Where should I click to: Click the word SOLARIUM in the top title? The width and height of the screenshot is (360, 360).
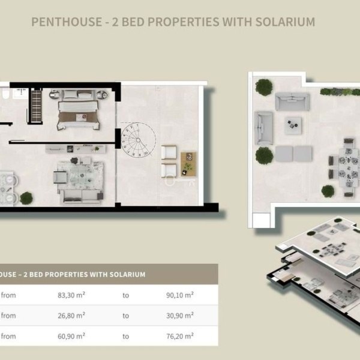pos(285,22)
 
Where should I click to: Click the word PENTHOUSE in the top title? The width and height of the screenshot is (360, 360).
pos(67,22)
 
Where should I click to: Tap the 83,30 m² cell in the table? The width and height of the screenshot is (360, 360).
pos(71,295)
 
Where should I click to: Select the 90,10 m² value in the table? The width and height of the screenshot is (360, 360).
pos(180,295)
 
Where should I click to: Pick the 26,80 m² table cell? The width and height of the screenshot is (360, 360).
pos(71,316)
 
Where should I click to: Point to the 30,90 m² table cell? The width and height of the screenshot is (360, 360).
pos(180,316)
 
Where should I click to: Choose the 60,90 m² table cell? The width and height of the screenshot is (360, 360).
pos(71,336)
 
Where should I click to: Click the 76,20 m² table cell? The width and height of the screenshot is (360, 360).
pos(180,336)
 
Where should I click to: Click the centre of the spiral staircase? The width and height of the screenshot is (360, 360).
pos(138,140)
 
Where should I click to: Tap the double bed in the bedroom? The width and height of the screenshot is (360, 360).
pos(78,110)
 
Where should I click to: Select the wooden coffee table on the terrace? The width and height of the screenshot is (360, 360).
pos(188,164)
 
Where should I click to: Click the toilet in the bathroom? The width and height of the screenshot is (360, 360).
pos(5,94)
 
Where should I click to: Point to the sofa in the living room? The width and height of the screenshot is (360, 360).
pos(81,197)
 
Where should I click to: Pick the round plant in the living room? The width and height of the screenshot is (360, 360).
pos(26,198)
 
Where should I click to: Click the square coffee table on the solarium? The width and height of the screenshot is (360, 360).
pos(293,125)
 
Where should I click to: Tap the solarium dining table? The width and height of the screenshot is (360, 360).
pos(348,167)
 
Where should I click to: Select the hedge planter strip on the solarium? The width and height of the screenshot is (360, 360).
pos(340,92)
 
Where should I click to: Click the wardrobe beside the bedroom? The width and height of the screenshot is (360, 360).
pos(36,106)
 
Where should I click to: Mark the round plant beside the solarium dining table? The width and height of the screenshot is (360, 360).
pos(328,191)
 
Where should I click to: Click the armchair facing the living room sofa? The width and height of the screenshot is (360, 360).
pos(60,177)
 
